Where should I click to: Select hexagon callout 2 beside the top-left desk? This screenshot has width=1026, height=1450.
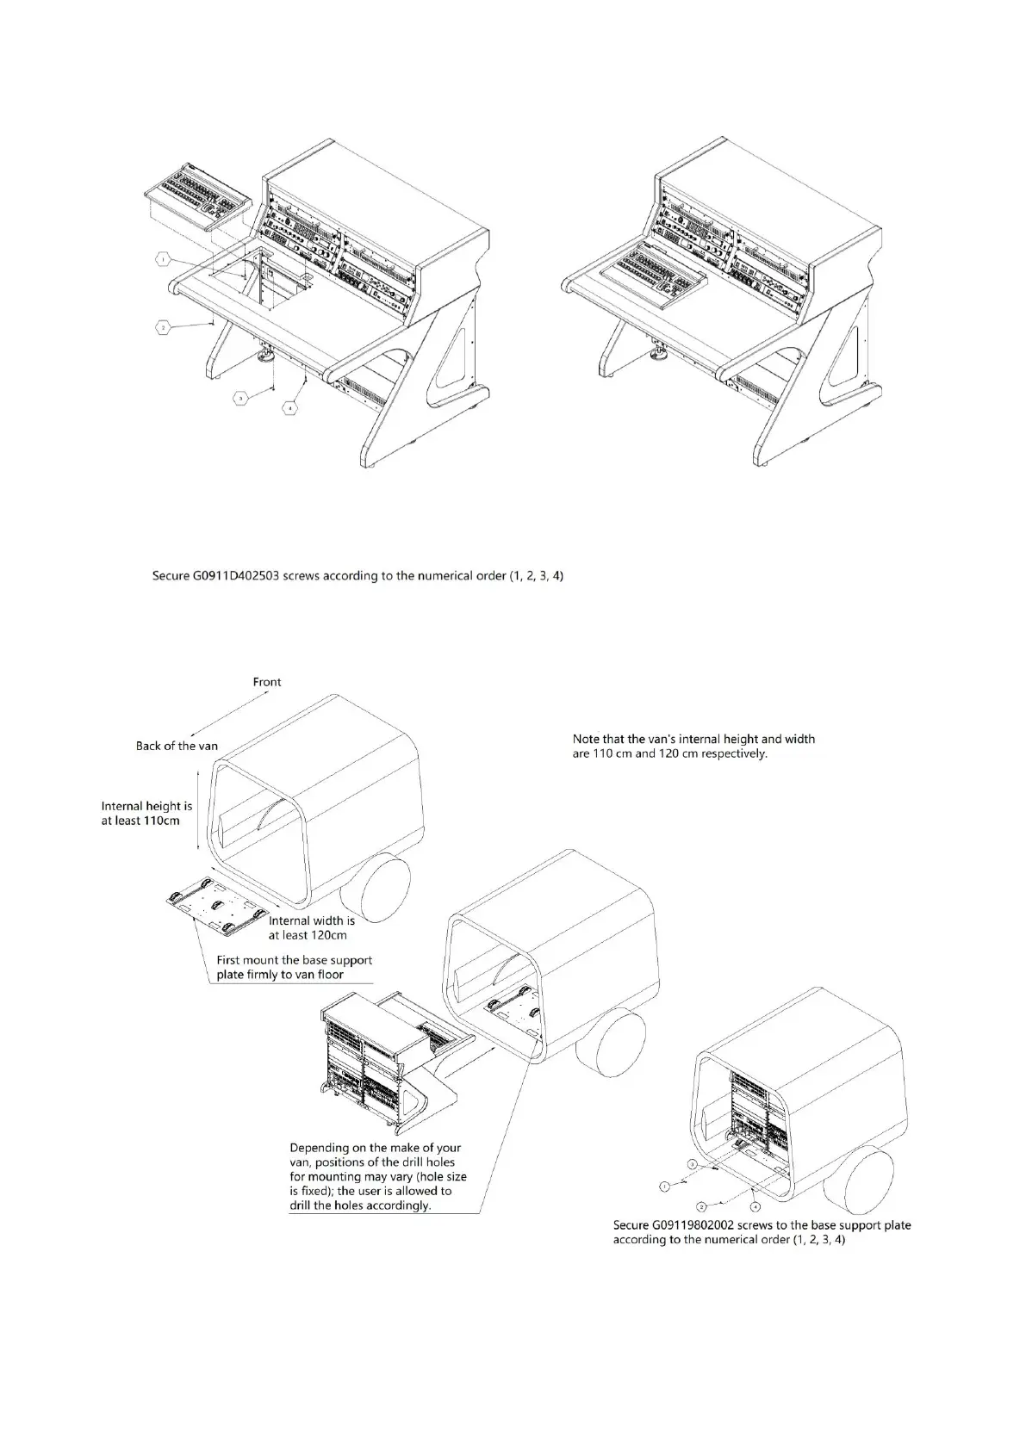pyautogui.click(x=162, y=326)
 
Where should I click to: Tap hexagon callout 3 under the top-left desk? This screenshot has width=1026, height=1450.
pyautogui.click(x=242, y=398)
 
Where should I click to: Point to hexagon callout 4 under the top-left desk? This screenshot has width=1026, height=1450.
pyautogui.click(x=292, y=406)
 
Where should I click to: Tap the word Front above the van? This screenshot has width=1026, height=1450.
pyautogui.click(x=267, y=682)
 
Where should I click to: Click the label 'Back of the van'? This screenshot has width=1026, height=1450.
pyautogui.click(x=177, y=746)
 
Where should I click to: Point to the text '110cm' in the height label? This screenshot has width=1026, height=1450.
pyautogui.click(x=162, y=821)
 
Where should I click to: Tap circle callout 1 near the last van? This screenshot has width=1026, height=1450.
pyautogui.click(x=663, y=1187)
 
